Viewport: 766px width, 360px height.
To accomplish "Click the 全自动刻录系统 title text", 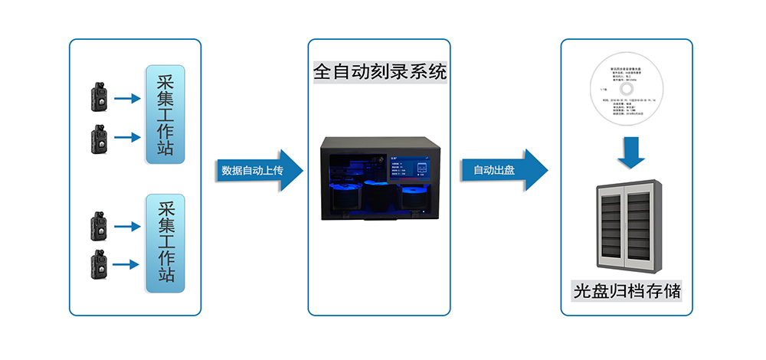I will pyautogui.click(x=380, y=73).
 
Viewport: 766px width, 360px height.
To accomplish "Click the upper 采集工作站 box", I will pyautogui.click(x=165, y=116).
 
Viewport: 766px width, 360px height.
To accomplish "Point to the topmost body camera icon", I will pyautogui.click(x=99, y=97).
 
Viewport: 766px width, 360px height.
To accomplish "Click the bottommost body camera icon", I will pyautogui.click(x=99, y=263).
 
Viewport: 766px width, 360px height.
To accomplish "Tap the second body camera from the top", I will pyautogui.click(x=99, y=138).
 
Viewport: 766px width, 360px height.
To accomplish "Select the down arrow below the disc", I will pyautogui.click(x=627, y=153).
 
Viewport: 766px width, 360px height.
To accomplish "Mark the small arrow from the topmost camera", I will pyautogui.click(x=129, y=98).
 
